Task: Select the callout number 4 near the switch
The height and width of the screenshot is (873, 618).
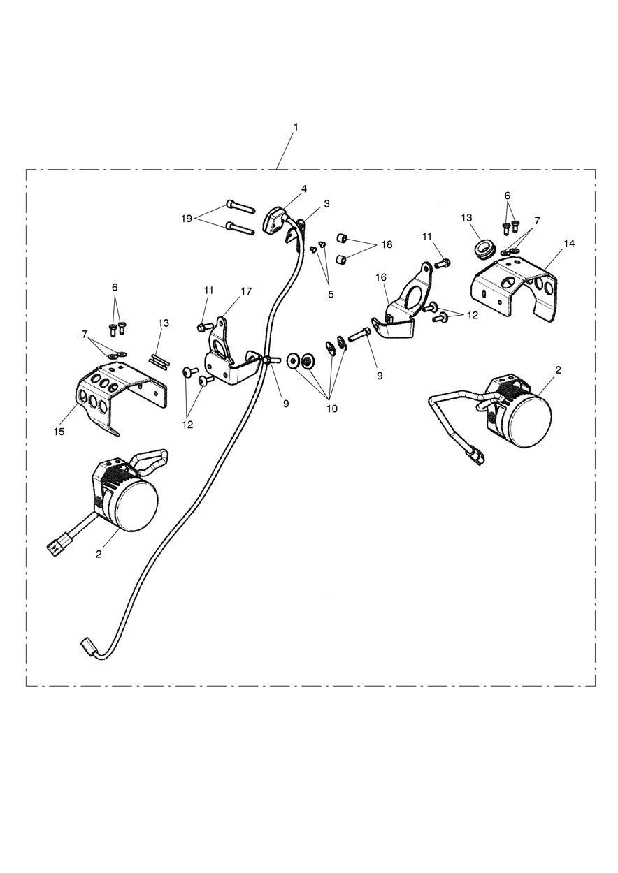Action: pos(304,189)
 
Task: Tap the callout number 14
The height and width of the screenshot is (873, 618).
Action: pos(570,243)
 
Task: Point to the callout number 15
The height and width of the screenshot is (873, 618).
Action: pos(59,431)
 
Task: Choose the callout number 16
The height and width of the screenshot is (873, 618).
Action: pos(381,277)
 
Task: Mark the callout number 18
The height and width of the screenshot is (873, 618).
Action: pos(387,244)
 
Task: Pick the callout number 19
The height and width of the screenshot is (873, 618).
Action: pos(186,218)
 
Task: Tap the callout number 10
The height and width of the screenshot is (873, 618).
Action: pos(331,409)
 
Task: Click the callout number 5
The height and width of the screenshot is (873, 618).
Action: pos(331,294)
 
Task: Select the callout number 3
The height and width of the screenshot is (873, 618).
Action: pos(326,203)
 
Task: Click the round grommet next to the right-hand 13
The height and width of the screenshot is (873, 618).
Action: pos(482,247)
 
